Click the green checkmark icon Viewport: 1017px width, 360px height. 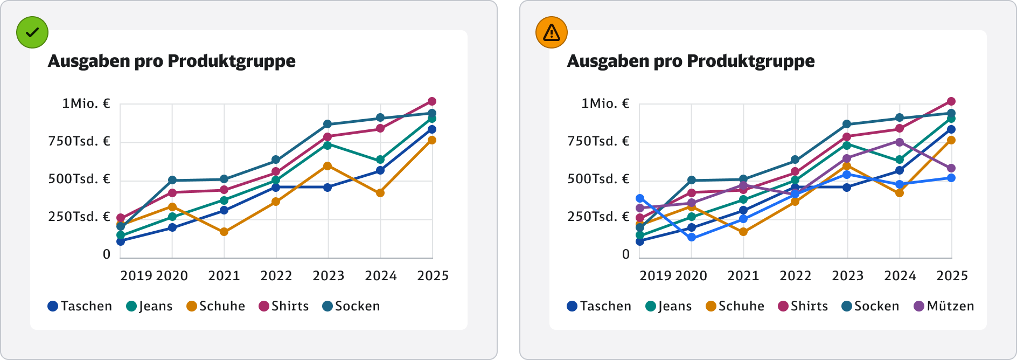[x=32, y=32]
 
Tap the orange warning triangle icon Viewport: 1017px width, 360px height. [x=552, y=32]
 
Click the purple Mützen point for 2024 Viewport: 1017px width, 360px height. [x=900, y=142]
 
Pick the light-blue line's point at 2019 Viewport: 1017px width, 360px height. [x=640, y=199]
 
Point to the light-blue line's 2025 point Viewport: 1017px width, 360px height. [x=951, y=178]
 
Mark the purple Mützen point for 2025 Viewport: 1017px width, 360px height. [x=951, y=168]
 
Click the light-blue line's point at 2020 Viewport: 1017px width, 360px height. [x=692, y=237]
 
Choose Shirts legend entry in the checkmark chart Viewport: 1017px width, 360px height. [x=283, y=306]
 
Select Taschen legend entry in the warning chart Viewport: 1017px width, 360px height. [x=599, y=306]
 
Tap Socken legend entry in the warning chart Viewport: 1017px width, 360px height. [x=870, y=306]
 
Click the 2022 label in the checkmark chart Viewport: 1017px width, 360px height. [x=276, y=276]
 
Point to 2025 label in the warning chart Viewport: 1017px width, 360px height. [x=952, y=276]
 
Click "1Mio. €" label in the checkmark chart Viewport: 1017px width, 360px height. [x=86, y=103]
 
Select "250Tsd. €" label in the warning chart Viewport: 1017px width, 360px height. [x=598, y=217]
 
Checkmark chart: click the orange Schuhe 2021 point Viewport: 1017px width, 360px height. [x=224, y=232]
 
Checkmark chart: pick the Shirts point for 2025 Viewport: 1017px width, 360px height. [x=432, y=101]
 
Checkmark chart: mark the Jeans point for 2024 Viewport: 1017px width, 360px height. [x=380, y=160]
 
